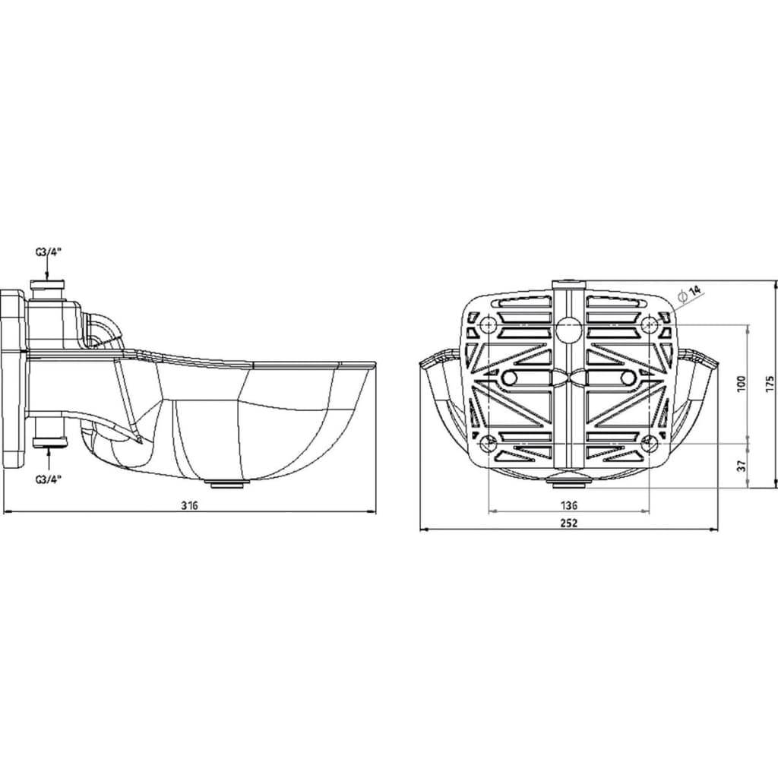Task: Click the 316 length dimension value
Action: [189, 505]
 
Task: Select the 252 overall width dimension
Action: [568, 523]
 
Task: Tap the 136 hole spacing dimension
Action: [568, 505]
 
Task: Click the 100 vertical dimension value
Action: [742, 384]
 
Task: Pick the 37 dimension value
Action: [742, 466]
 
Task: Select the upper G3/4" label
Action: [48, 251]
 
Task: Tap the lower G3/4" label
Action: [48, 479]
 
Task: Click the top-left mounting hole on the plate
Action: [489, 325]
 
